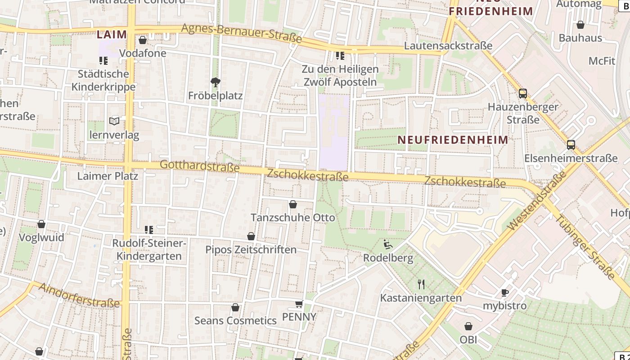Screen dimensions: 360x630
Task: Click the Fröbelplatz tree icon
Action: [216, 82]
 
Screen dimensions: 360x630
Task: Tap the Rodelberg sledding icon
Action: [388, 244]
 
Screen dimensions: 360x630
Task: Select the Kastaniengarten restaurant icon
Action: [421, 284]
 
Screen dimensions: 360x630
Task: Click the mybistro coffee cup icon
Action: [505, 292]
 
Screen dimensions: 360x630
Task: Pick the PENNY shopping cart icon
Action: [299, 304]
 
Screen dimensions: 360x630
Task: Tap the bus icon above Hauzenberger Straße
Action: [522, 94]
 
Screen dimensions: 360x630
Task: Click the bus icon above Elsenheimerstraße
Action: [571, 145]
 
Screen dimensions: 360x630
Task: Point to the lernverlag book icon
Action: [114, 121]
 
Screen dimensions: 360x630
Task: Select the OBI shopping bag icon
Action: [468, 326]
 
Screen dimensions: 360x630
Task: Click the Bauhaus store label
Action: [580, 38]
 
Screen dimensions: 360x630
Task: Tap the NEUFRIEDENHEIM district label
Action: [453, 139]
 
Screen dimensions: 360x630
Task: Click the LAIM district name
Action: [111, 34]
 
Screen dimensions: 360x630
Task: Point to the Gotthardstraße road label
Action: [199, 166]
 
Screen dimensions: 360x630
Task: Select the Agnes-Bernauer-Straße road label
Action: [241, 33]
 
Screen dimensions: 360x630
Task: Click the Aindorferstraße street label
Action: [79, 295]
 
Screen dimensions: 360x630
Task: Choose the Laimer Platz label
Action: [108, 175]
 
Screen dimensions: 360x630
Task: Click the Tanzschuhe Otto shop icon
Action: [293, 205]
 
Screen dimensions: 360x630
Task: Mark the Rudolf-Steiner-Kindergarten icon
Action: [149, 230]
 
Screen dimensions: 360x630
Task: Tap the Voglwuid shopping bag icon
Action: [41, 224]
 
